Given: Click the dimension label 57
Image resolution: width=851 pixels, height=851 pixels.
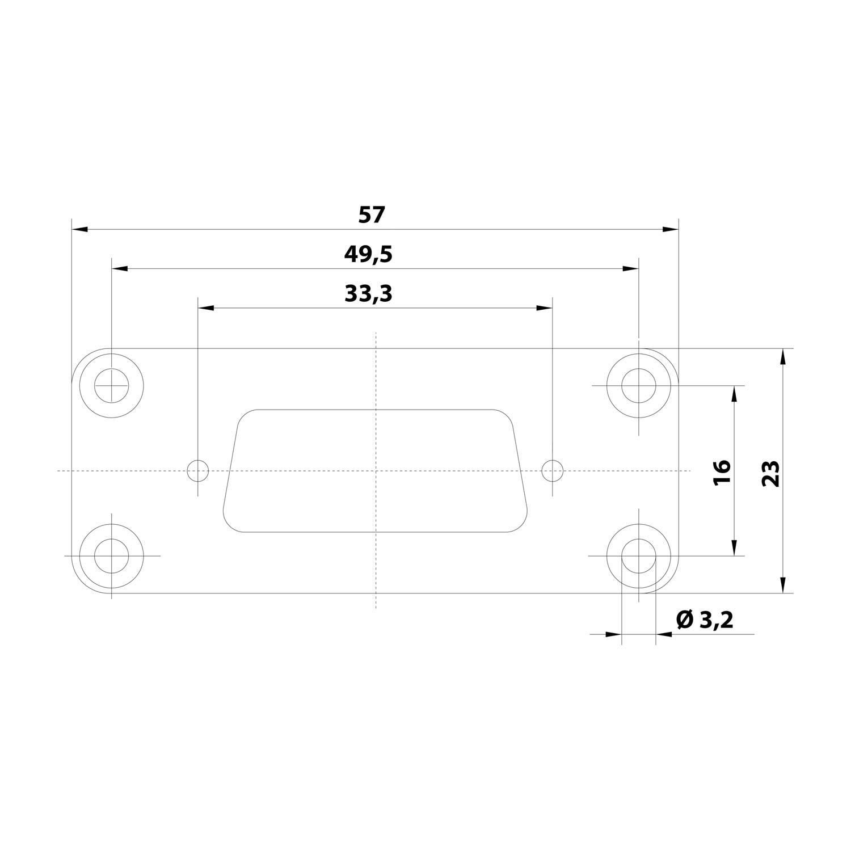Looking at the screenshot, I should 372,215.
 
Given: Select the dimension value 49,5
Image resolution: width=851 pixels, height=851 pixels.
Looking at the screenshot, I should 368,255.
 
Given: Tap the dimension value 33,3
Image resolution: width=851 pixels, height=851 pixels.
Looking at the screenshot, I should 368,294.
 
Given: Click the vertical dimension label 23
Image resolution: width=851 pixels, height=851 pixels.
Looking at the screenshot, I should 771,472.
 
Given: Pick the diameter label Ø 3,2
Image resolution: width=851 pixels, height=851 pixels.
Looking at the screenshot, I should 705,620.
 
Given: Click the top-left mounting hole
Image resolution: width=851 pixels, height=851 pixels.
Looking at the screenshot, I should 112,385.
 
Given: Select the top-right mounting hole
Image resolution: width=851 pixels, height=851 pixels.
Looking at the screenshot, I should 639,385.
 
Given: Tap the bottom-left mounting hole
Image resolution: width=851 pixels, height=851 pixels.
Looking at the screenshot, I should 112,555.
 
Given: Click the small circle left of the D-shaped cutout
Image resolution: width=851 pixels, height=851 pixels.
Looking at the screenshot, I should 198,470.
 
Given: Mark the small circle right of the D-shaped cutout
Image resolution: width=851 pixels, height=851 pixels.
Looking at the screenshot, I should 552,470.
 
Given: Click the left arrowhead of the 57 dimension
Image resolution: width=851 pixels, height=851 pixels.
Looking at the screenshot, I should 80,229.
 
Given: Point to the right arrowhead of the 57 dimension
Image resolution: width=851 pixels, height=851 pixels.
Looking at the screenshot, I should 671,229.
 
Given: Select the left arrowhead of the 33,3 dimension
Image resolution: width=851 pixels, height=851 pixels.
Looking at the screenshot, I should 205,308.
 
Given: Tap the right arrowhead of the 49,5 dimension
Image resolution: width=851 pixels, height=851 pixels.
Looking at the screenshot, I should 631,268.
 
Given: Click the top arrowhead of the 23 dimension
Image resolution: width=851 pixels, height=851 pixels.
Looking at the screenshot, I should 783,357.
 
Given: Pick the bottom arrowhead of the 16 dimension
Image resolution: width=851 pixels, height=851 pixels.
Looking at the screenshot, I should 735,547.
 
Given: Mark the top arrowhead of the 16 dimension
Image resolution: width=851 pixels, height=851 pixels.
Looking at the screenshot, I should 735,394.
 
